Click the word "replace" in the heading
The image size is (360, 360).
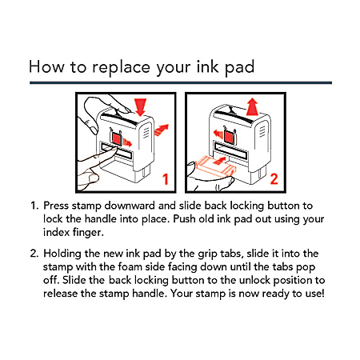pos(121,67)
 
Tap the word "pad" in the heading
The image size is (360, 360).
pos(239,66)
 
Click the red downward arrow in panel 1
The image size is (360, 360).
pos(141,107)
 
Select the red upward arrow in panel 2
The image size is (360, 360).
pos(252,106)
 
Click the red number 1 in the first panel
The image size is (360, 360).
pos(166,179)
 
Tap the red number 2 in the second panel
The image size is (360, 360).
pos(274,179)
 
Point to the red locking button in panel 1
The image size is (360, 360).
pos(117,138)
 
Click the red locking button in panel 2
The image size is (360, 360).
pos(229,137)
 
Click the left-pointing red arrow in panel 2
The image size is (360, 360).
pos(218,133)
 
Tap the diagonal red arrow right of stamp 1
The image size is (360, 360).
pos(162,130)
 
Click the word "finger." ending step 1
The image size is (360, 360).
pos(88,233)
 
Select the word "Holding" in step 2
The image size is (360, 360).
pos(62,254)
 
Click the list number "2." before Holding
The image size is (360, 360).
pos(34,254)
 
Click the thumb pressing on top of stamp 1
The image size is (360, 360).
pos(106,106)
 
